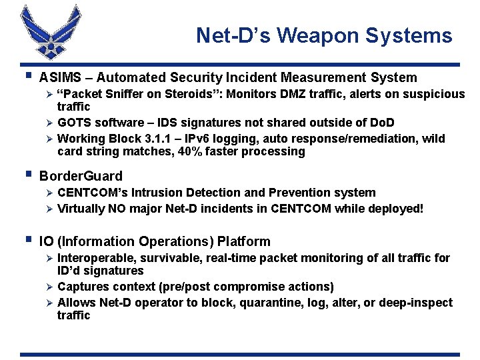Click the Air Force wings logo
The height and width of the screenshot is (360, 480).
45,32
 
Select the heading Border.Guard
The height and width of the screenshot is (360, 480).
81,176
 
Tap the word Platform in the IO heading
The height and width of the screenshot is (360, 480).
241,241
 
